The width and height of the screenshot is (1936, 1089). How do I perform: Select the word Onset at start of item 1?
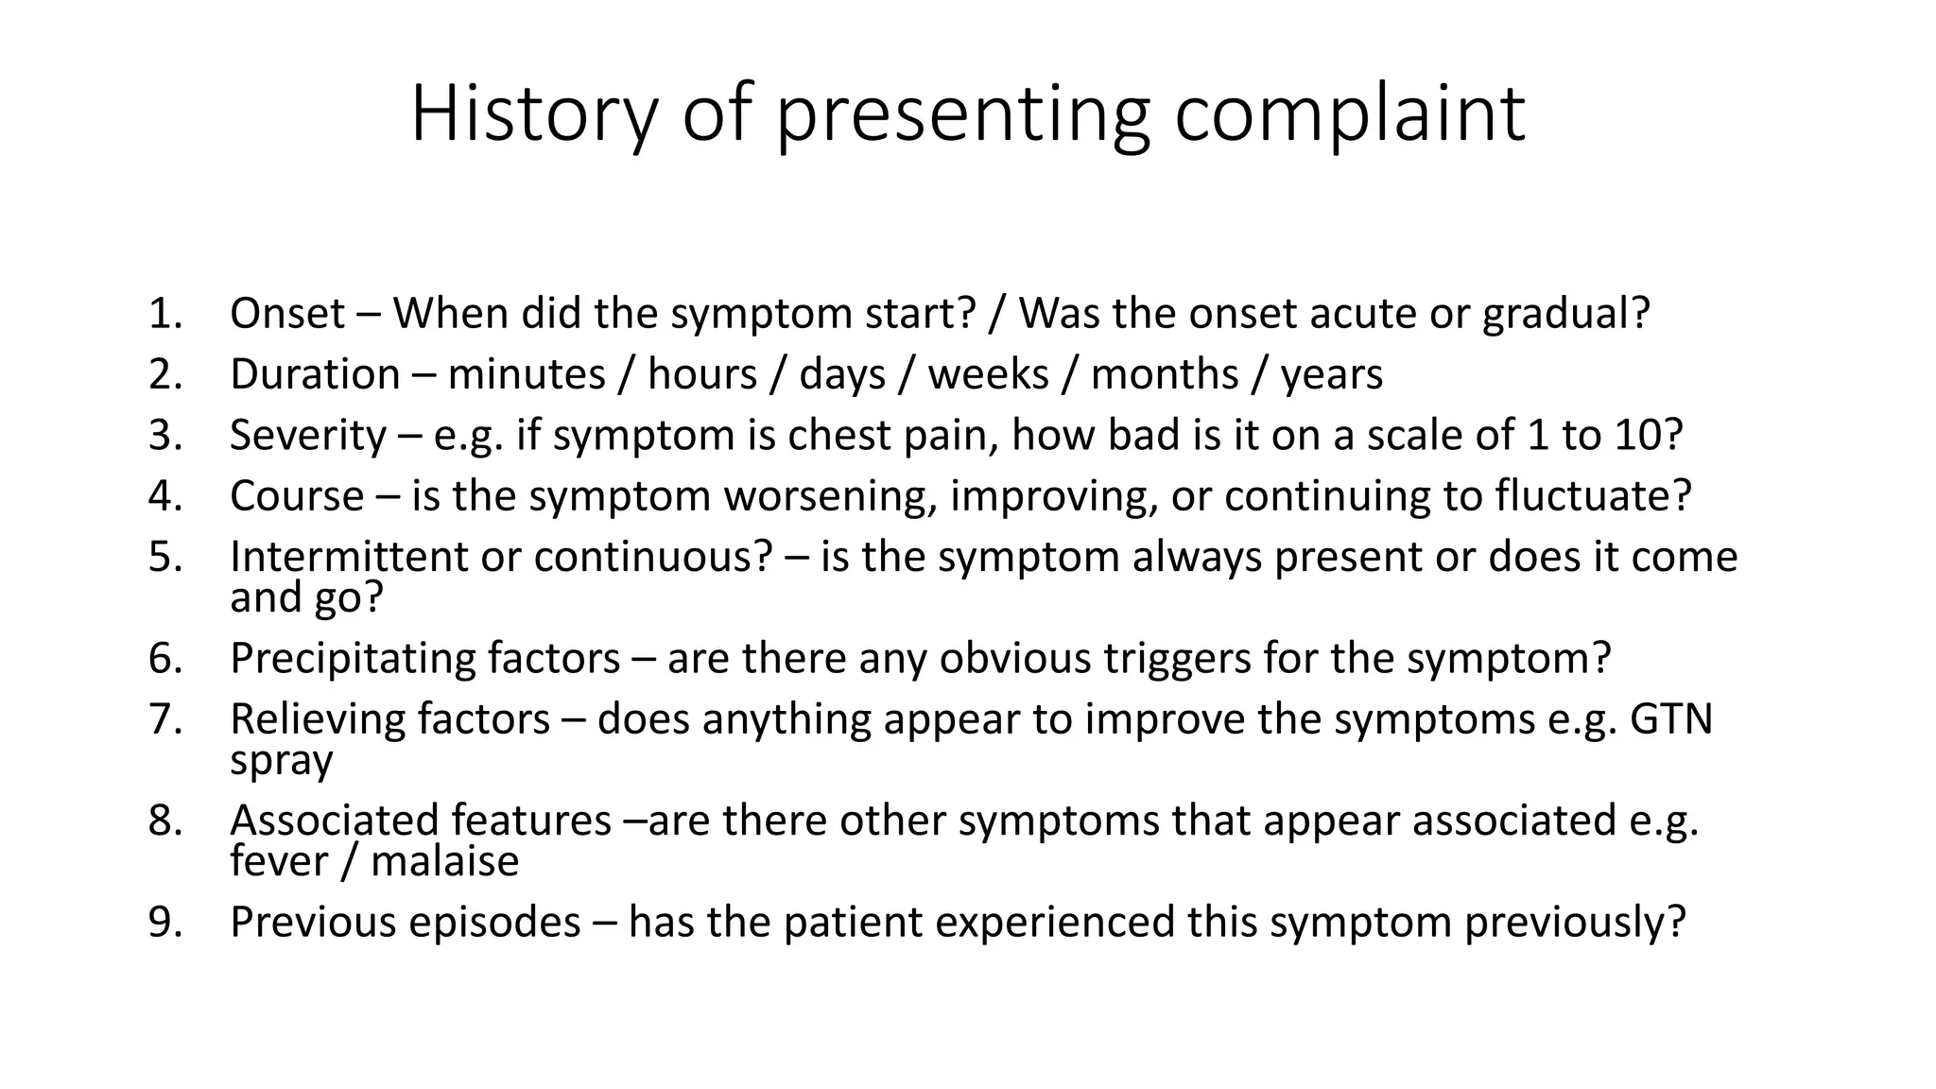[286, 313]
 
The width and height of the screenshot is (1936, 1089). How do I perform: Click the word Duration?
[315, 374]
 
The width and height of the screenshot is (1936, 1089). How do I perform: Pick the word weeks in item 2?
[988, 374]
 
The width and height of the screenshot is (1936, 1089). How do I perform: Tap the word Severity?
[307, 435]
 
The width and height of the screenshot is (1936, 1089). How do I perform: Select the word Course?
[296, 495]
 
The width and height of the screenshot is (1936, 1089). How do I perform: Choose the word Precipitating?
[353, 658]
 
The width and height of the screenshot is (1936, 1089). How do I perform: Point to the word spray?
[281, 762]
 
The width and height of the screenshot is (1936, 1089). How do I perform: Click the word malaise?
[444, 862]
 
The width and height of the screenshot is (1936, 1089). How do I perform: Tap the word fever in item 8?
[277, 862]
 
